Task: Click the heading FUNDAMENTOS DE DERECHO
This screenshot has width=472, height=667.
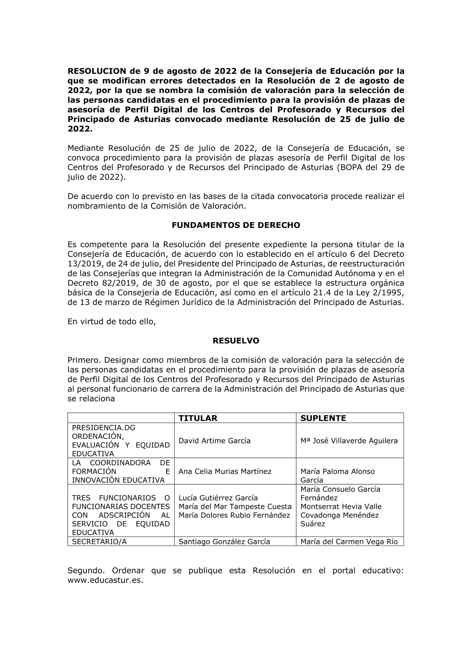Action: [x=236, y=225]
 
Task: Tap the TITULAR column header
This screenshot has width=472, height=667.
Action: [x=198, y=418]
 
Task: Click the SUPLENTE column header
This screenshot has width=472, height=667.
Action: [x=323, y=418]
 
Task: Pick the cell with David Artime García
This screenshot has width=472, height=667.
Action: [x=214, y=441]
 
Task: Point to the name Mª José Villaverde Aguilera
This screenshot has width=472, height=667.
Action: [x=349, y=441]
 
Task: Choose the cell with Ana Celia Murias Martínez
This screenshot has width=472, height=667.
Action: [x=225, y=471]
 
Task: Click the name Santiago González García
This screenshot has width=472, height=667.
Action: [x=224, y=542]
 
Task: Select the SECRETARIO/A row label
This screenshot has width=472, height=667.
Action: [x=99, y=542]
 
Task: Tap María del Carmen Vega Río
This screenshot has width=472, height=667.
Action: [x=349, y=542]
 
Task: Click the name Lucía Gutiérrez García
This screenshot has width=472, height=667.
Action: [x=218, y=498]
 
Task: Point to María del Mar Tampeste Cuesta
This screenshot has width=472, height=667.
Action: [x=235, y=507]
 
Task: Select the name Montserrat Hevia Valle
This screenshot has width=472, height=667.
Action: [x=341, y=507]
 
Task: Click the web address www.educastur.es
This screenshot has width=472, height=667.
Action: [x=105, y=580]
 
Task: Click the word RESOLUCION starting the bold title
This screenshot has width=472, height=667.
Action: [x=97, y=71]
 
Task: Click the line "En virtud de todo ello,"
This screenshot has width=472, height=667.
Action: [x=111, y=321]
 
